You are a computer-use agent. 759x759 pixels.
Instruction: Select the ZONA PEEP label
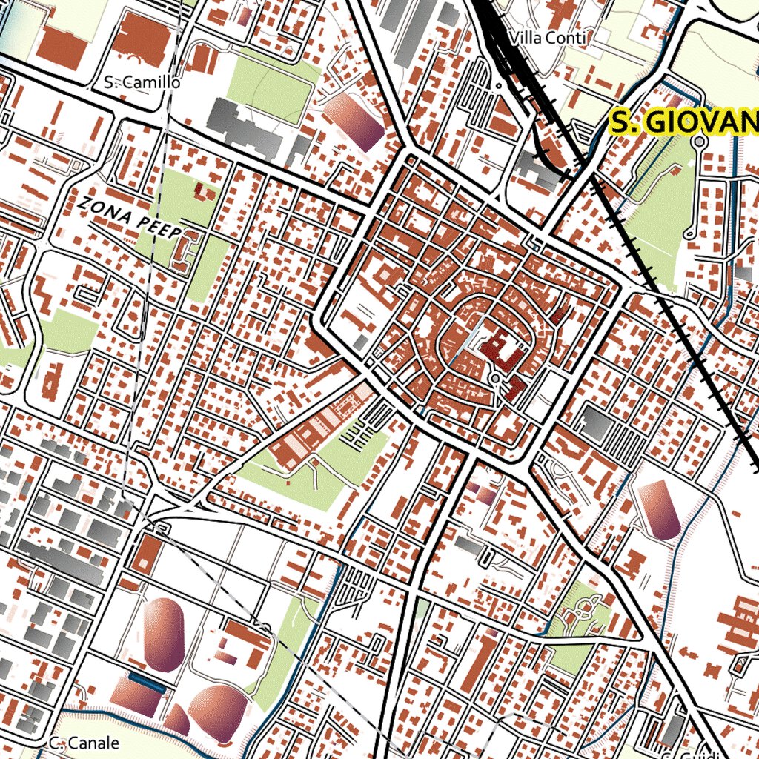point(130,218)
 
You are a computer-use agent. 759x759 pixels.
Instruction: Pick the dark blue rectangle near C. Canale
point(146,682)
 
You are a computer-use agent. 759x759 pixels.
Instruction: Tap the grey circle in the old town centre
point(494,379)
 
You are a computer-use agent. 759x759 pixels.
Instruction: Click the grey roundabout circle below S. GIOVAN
point(697,141)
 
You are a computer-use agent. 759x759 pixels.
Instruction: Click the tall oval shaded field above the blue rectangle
point(163,634)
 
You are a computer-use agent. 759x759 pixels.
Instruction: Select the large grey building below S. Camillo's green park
point(244,126)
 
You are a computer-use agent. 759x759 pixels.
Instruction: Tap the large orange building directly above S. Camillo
point(142,37)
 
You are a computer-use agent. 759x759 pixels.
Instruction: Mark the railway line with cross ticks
point(667,296)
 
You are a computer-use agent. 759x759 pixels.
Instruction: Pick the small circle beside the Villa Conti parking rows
point(499,85)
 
